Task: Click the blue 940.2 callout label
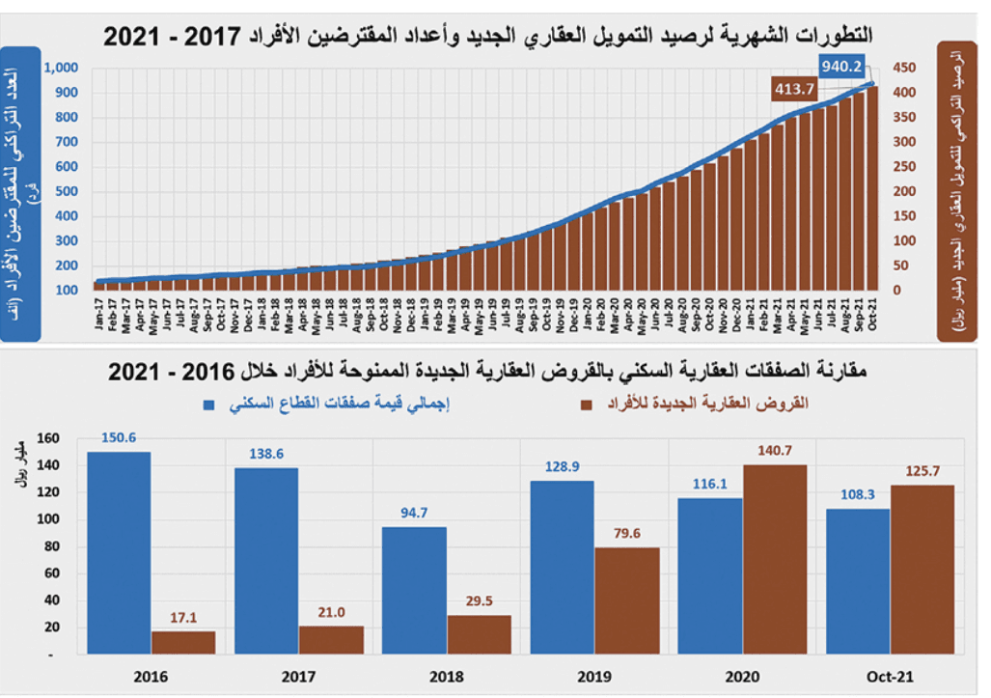click(x=841, y=66)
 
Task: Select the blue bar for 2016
click(x=119, y=553)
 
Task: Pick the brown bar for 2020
click(x=775, y=559)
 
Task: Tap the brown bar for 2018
click(x=479, y=634)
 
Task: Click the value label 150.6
click(x=119, y=438)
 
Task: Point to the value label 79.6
click(x=626, y=534)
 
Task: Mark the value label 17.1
click(x=183, y=618)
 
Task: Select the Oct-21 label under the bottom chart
click(x=890, y=677)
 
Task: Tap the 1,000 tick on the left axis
click(x=60, y=68)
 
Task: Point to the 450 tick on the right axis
click(x=903, y=68)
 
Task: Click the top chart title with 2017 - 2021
click(x=488, y=36)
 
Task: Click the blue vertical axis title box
click(x=21, y=193)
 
